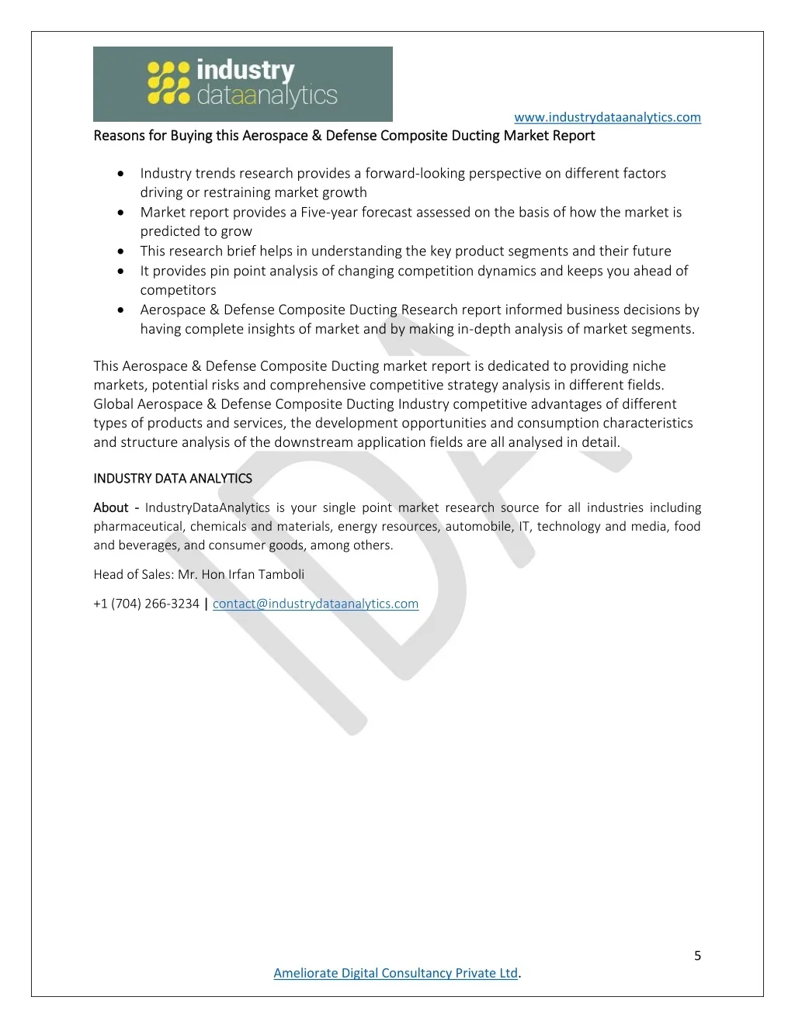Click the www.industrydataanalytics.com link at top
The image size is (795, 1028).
pos(607,117)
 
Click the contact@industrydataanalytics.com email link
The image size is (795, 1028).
pos(315,604)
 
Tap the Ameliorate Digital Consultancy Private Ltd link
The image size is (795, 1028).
pos(395,973)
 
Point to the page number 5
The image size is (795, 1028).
pos(697,956)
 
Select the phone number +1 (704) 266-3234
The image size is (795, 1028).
pos(146,604)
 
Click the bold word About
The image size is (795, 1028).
pos(111,507)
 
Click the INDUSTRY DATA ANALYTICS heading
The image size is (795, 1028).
pos(172,479)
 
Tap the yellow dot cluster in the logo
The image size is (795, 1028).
pos(168,83)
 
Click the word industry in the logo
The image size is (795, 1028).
pos(245,70)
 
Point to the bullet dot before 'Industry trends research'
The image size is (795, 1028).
pos(120,174)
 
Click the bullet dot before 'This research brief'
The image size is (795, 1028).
pos(120,251)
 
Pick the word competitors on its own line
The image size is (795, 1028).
pos(178,290)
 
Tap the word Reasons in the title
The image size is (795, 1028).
pos(119,136)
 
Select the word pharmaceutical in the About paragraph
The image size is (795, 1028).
pos(138,527)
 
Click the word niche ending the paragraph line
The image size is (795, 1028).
pos(648,366)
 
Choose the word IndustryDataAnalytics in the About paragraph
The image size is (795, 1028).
pos(207,507)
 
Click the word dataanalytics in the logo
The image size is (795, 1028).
pos(267,96)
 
